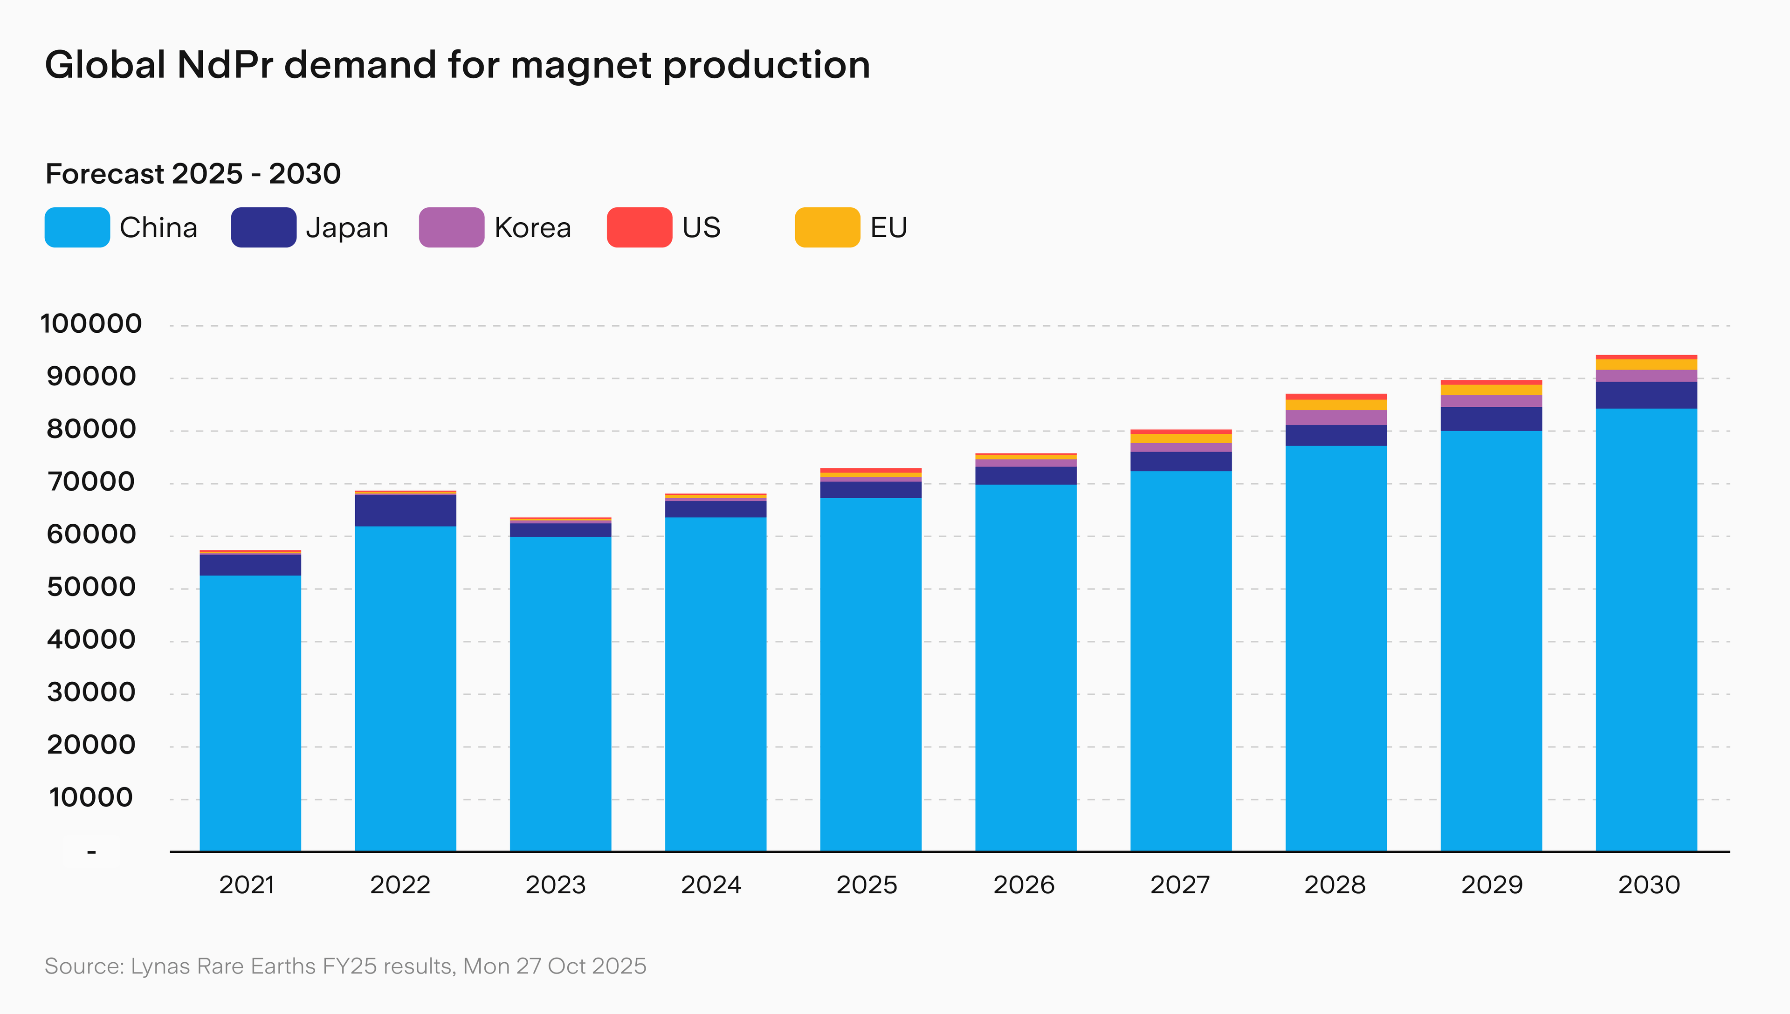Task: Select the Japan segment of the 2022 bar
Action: tap(406, 510)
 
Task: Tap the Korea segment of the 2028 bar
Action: tap(1336, 417)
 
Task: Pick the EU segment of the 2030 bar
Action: tap(1646, 364)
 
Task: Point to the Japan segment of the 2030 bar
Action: tap(1646, 395)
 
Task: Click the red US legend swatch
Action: tap(640, 227)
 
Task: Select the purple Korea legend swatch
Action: tap(451, 227)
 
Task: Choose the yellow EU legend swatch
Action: tap(827, 227)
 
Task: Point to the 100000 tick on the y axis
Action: tap(91, 324)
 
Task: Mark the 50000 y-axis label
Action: tap(91, 587)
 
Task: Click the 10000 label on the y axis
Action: tap(91, 797)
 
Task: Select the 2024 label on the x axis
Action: tap(711, 885)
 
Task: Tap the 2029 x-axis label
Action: tap(1491, 885)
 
